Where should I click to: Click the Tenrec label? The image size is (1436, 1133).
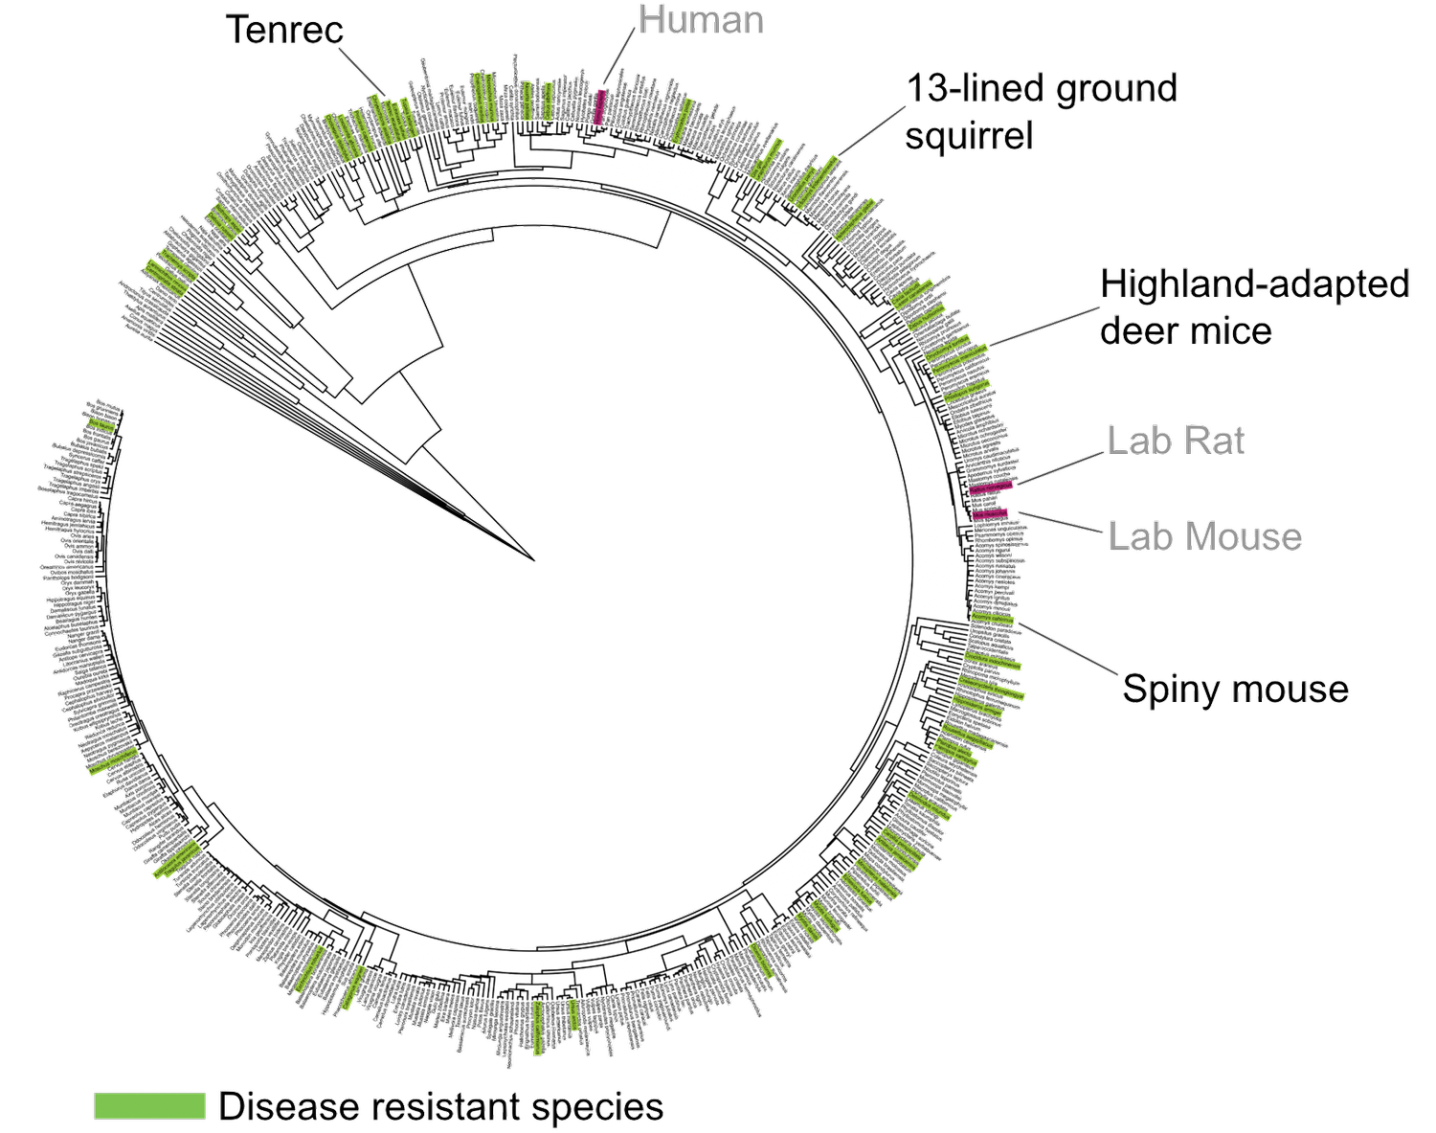(285, 30)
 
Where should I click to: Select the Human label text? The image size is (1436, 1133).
(701, 20)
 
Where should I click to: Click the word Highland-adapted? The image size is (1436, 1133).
(1255, 284)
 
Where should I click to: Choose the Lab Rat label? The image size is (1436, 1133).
(1176, 441)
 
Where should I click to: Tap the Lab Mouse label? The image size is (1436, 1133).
(1204, 536)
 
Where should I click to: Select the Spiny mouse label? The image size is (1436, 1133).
(1235, 689)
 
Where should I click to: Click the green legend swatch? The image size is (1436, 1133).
(149, 1105)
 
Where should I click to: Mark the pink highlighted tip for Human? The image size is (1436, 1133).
(600, 105)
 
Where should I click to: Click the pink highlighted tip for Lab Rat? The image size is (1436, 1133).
(990, 488)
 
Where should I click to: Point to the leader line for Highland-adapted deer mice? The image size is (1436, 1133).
(1043, 327)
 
